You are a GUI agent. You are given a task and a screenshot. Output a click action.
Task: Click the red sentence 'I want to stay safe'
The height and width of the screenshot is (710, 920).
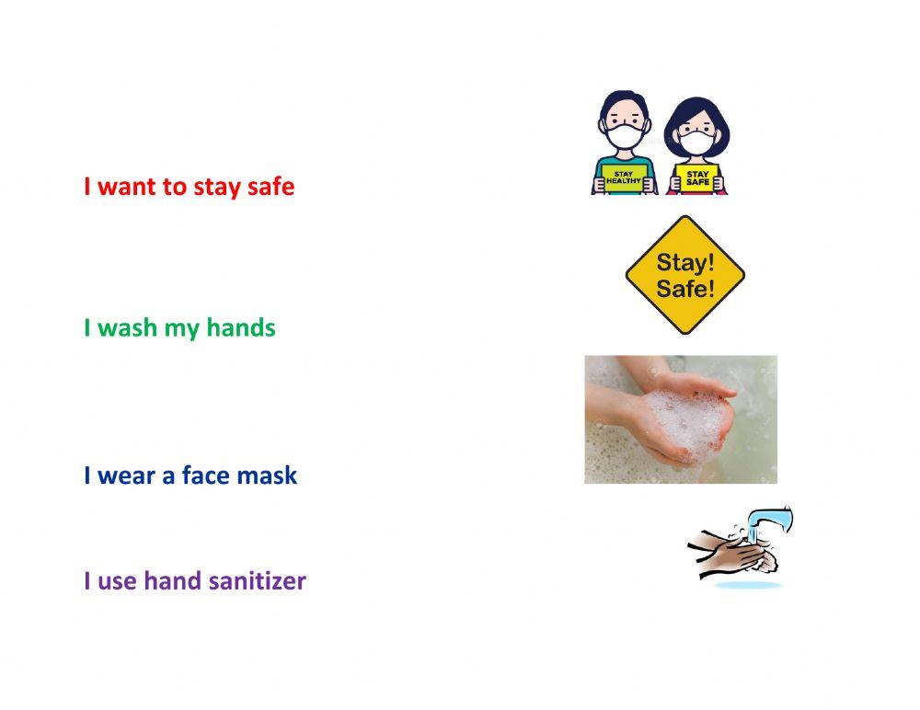coord(189,187)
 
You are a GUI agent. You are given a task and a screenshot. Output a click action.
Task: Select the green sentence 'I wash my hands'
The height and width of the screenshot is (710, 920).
coord(179,327)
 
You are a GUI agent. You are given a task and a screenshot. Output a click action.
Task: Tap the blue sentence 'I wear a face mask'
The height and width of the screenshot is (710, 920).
coord(190,475)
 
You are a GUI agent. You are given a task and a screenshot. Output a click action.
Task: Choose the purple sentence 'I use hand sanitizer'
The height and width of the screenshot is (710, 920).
coord(194,581)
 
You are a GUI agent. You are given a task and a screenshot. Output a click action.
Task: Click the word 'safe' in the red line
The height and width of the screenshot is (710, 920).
coord(270,187)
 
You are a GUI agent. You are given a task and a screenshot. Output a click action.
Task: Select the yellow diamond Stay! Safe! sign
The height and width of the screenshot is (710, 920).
coord(684,275)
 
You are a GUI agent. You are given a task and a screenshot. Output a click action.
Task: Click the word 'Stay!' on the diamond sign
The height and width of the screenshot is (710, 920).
coord(685,263)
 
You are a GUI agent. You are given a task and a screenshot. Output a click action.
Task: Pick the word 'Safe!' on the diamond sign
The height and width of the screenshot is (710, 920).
coord(685,288)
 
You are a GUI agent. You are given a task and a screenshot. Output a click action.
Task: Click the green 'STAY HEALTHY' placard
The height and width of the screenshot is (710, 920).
coord(624,176)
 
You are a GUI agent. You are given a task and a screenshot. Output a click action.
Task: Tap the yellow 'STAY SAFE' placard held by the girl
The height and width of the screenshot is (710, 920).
coord(698,177)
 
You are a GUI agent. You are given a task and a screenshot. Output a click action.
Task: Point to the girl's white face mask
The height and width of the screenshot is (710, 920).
coord(696,142)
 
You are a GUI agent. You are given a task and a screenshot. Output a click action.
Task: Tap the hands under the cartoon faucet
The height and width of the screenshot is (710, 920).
coord(731,552)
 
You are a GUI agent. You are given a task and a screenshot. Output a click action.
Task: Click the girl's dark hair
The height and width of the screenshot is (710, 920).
coord(696,109)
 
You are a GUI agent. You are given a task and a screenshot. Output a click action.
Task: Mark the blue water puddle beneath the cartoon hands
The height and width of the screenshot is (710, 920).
coord(748,584)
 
